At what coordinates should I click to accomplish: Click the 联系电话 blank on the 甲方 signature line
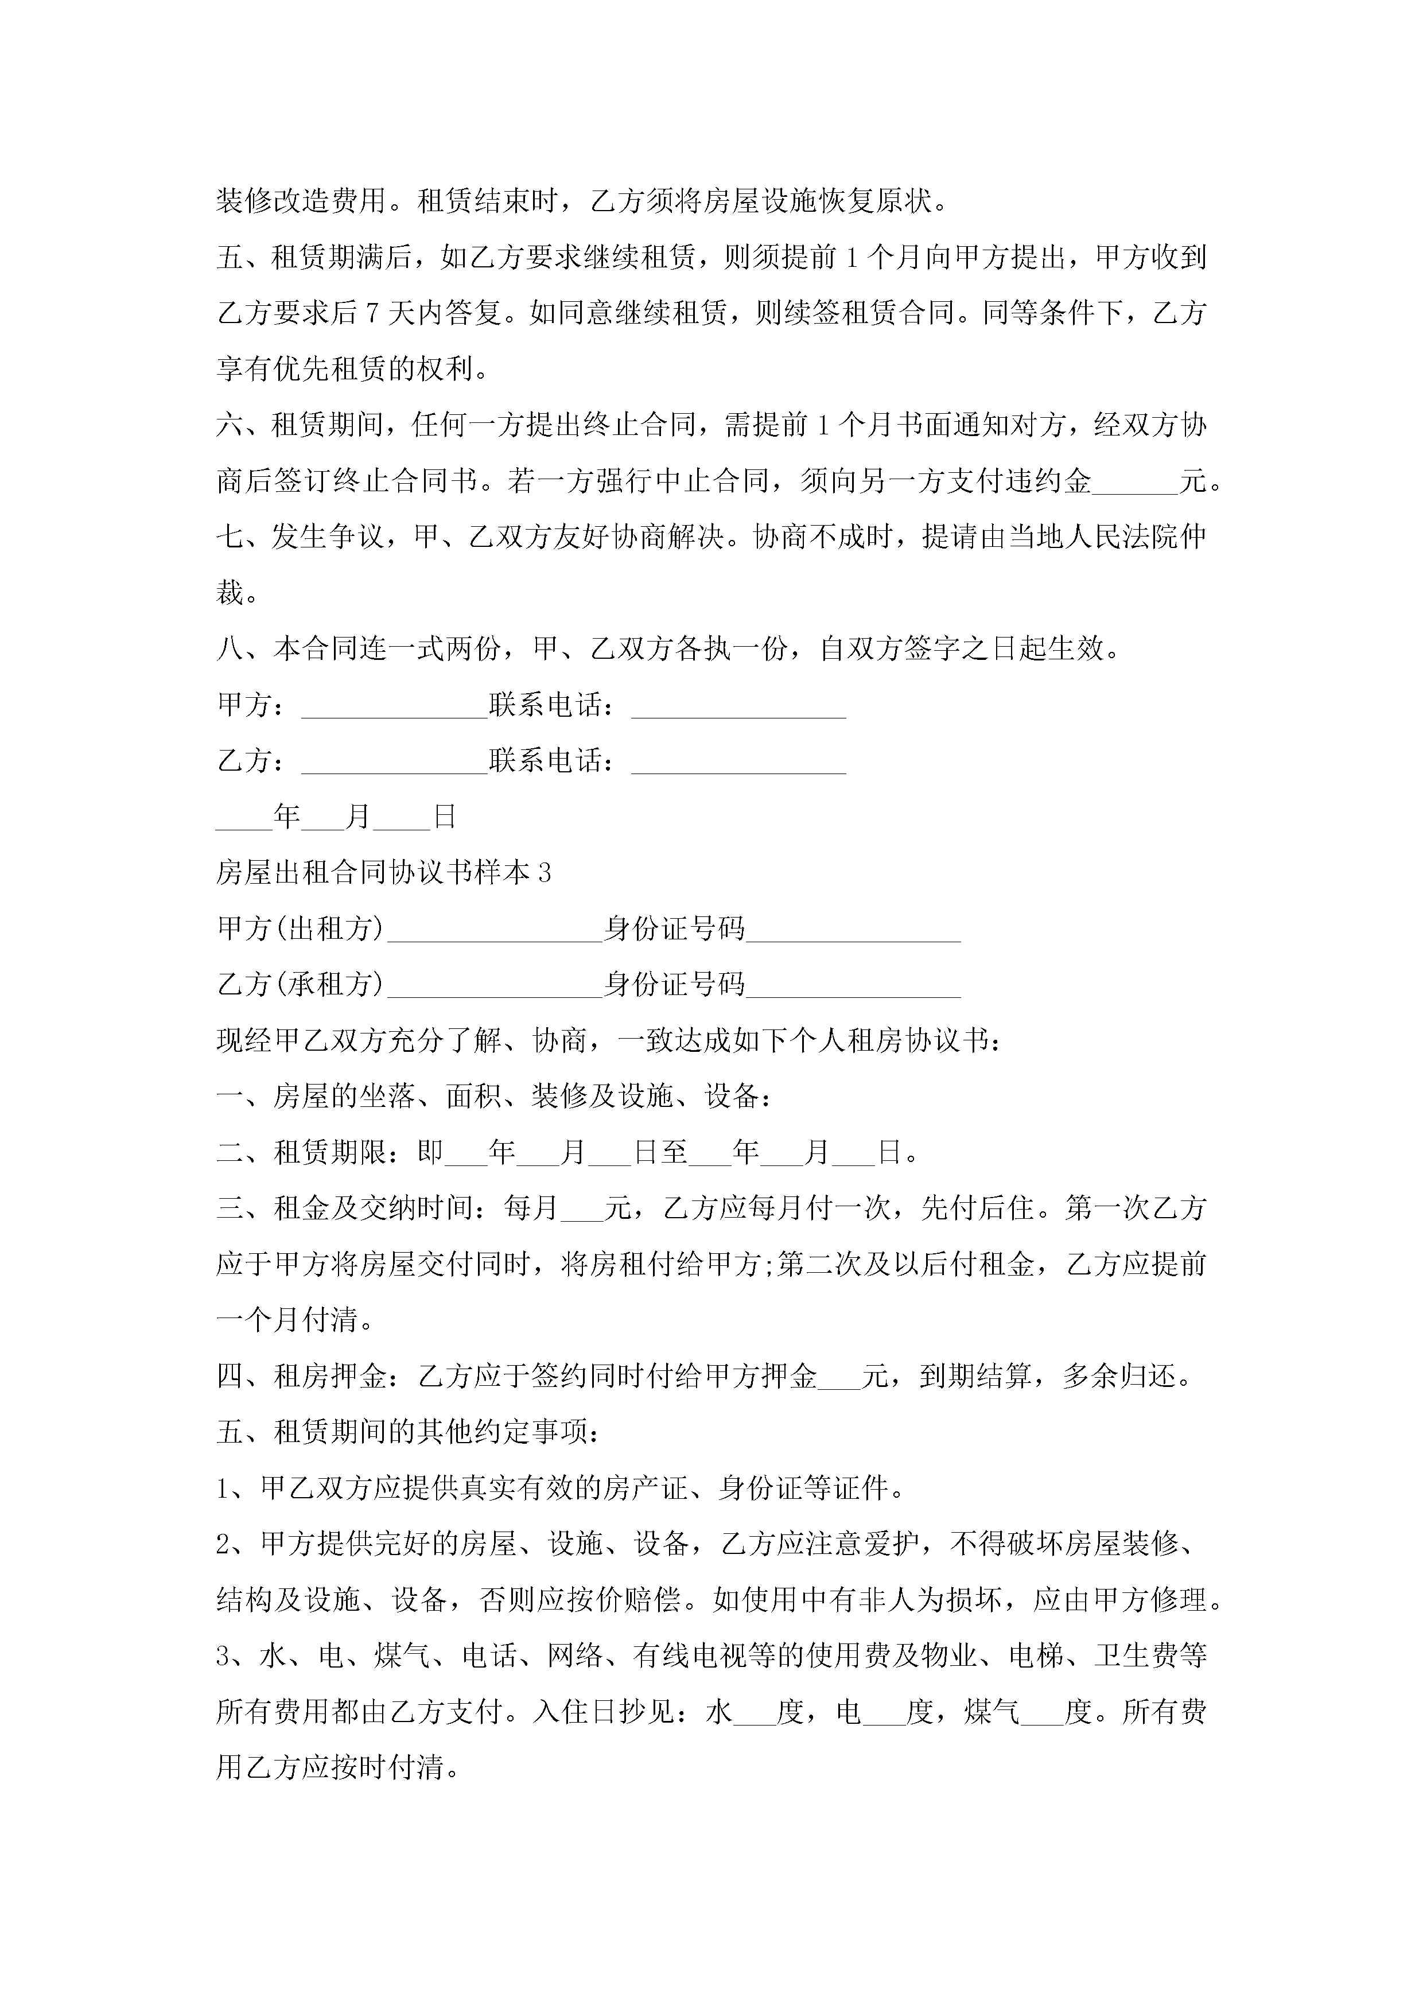(738, 706)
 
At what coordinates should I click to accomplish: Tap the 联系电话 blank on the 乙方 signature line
(738, 763)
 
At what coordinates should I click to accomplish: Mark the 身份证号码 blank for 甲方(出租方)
(853, 930)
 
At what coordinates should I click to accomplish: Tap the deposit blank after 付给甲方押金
(838, 1377)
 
